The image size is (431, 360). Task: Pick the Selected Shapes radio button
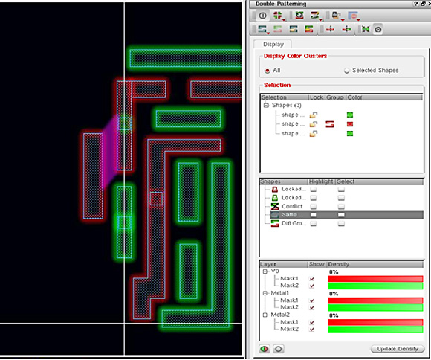346,70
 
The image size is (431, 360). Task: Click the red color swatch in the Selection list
349,124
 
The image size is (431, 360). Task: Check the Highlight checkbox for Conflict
314,206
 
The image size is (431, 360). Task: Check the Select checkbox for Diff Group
342,223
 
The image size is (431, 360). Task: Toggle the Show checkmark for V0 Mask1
312,278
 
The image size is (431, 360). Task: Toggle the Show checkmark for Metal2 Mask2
312,328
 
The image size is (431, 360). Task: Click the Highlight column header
321,181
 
